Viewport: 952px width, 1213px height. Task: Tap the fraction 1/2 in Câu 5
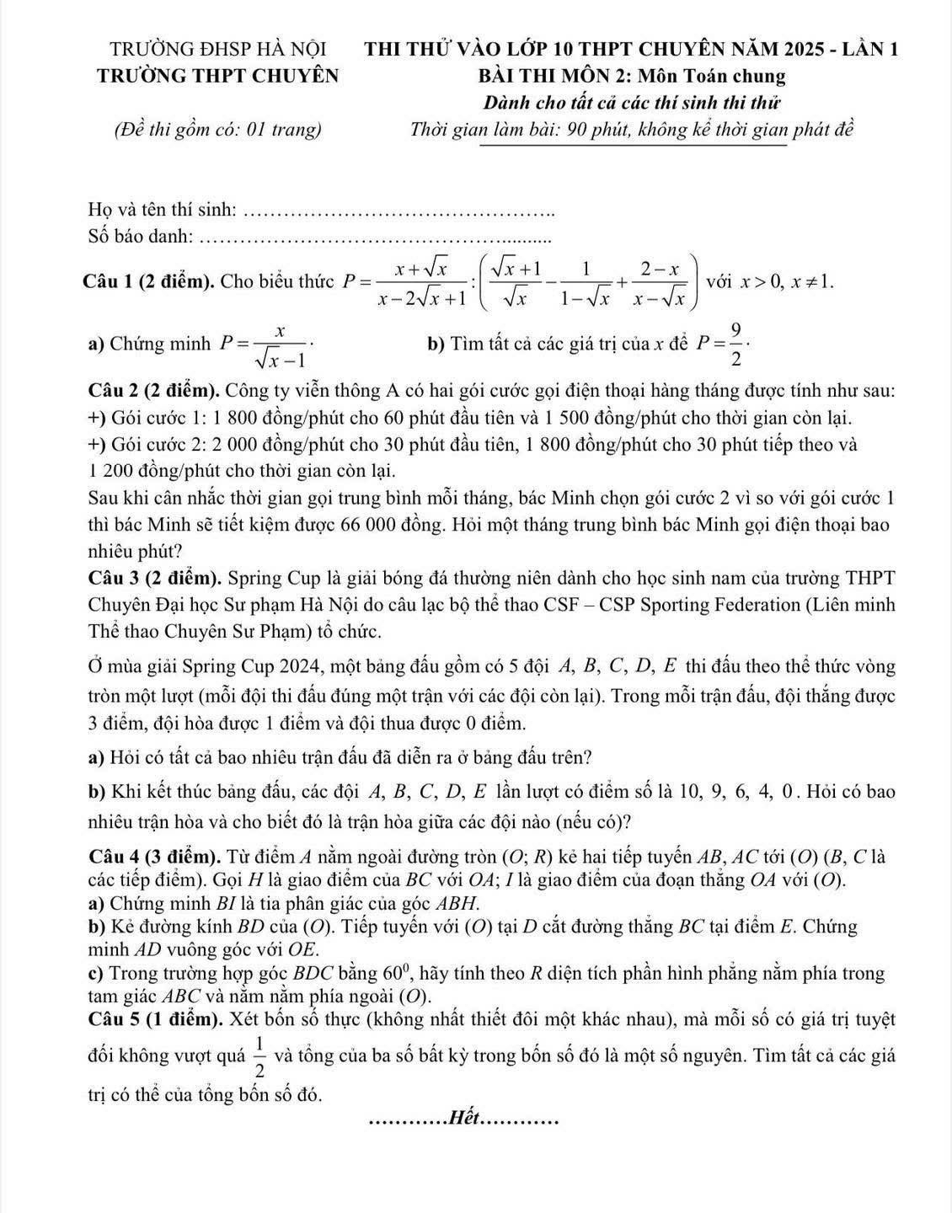[x=259, y=1058]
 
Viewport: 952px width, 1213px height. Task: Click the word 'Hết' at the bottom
[x=464, y=1119]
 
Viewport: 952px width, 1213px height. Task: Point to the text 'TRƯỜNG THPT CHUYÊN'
[x=218, y=76]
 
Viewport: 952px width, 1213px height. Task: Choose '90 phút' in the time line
[x=587, y=130]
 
